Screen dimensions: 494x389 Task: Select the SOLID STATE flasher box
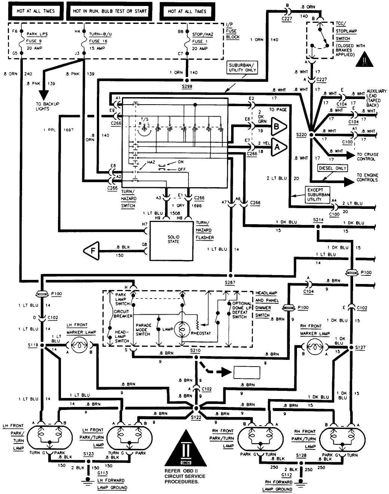pyautogui.click(x=173, y=240)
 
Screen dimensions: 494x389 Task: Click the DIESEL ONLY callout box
pyautogui.click(x=333, y=168)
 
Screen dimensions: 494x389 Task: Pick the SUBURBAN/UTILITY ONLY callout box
pyautogui.click(x=242, y=67)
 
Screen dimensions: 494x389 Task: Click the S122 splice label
pyautogui.click(x=195, y=417)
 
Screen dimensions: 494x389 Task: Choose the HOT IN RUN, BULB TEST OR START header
pyautogui.click(x=110, y=11)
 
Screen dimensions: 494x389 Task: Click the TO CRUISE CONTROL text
pyautogui.click(x=367, y=157)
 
